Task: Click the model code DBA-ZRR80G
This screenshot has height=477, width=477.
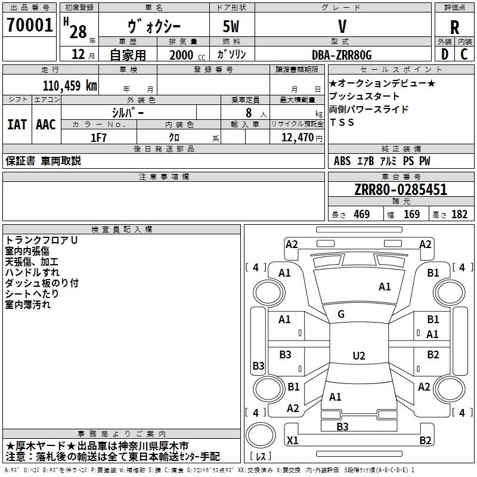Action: [342, 55]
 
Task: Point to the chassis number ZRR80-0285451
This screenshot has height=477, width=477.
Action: [401, 190]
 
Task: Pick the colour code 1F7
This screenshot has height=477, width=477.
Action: [98, 137]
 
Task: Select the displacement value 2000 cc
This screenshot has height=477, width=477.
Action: [181, 55]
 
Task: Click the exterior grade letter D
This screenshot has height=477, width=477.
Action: [444, 55]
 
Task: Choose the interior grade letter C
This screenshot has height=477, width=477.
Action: [464, 55]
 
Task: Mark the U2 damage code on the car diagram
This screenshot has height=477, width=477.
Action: [358, 356]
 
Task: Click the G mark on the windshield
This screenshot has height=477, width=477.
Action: [341, 314]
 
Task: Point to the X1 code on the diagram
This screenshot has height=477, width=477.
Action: [292, 441]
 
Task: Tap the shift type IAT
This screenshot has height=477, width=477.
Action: [17, 125]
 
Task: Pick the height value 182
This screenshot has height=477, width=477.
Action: [459, 215]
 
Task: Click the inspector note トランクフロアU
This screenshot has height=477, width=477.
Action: [42, 240]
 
